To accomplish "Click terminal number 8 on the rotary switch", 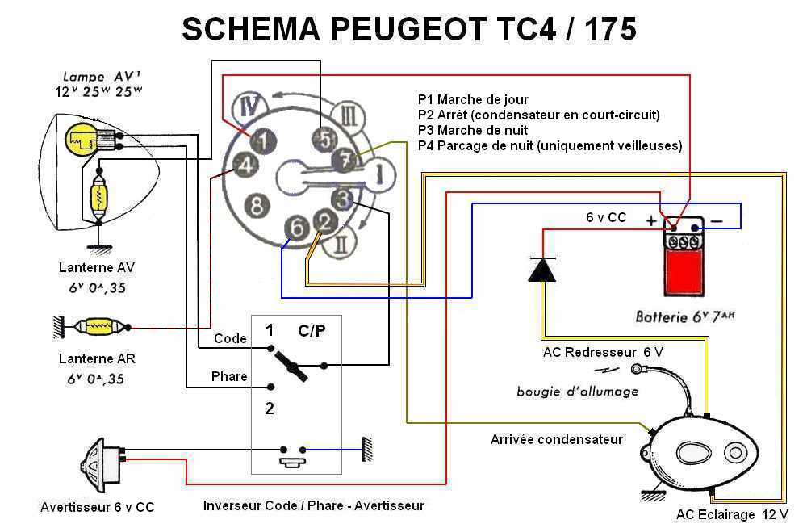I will click(257, 205).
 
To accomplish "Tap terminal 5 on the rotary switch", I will click(324, 139).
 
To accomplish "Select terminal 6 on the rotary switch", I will click(298, 229).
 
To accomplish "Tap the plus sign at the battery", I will click(651, 219).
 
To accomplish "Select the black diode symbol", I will click(541, 268).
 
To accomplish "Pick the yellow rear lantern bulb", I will click(97, 328).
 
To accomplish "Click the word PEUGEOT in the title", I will click(404, 29).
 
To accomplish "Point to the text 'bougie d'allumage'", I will click(577, 391).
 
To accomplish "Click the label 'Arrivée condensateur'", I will click(556, 439).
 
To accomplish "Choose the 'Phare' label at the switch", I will click(229, 377).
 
